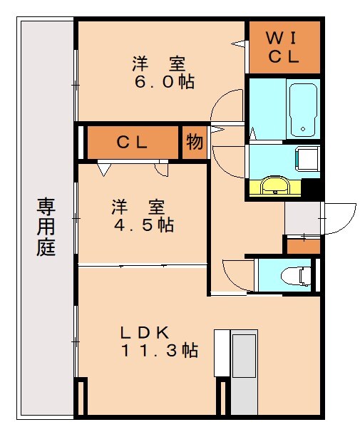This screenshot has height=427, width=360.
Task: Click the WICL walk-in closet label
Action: [x=283, y=48]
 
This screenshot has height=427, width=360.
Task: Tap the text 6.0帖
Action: [x=165, y=81]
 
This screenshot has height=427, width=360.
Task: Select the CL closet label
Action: [x=132, y=142]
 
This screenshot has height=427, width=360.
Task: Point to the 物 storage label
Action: [x=195, y=142]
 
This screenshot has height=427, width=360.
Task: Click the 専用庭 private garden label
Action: [x=46, y=227]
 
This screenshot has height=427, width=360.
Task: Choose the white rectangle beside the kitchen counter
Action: [x=222, y=353]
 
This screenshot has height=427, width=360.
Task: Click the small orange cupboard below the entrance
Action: [x=302, y=245]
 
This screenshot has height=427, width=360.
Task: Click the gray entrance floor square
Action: [x=302, y=217]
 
